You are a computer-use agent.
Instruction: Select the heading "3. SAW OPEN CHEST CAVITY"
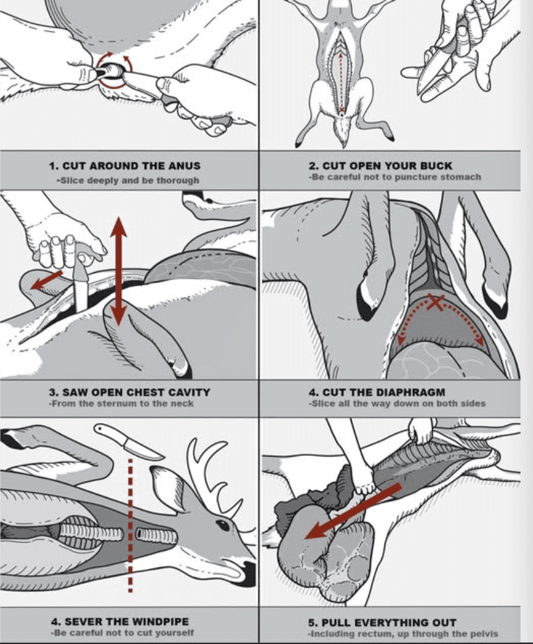(129, 392)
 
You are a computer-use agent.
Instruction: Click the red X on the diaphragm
(436, 304)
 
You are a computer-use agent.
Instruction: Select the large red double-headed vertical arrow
(119, 273)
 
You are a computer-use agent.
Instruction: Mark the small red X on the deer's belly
(341, 110)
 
